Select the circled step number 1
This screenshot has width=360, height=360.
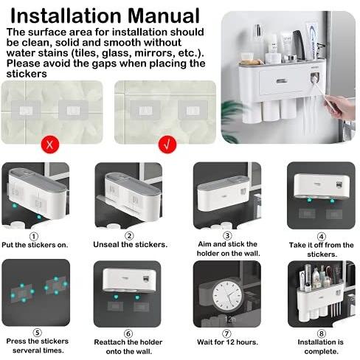coord(33,236)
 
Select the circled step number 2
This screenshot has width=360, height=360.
coord(130,236)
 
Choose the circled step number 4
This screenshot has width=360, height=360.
coord(321,236)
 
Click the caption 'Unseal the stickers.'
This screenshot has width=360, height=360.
coord(130,244)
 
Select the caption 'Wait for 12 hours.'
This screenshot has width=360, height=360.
coord(226,341)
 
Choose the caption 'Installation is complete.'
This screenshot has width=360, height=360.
coord(321,345)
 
